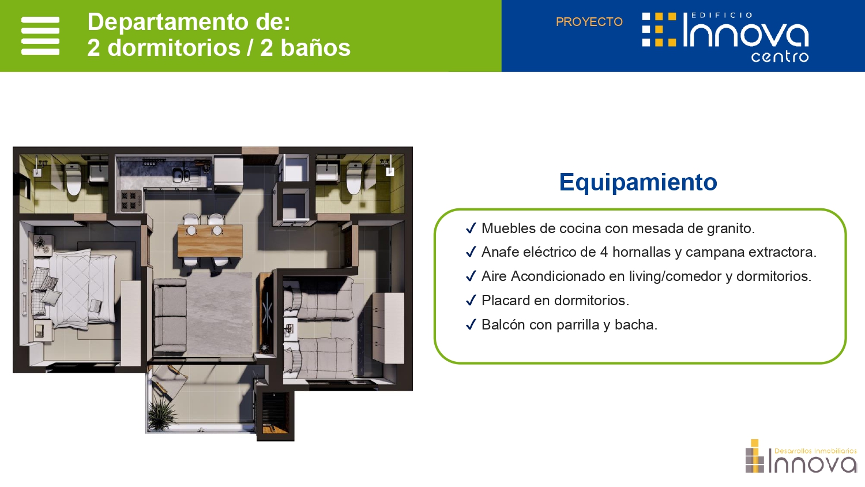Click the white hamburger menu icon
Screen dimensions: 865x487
[x=40, y=36]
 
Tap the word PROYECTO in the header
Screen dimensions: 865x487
[x=589, y=22]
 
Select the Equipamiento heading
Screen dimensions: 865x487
[x=638, y=182]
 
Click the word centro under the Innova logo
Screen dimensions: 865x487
[x=780, y=57]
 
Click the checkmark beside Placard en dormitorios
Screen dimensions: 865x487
[x=471, y=300]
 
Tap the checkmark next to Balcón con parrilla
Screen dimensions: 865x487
[x=471, y=324]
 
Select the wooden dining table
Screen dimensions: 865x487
[x=210, y=241]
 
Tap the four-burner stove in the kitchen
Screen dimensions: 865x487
[x=129, y=200]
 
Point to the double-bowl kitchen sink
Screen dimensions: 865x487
[x=180, y=175]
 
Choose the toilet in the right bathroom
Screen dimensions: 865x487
[x=353, y=178]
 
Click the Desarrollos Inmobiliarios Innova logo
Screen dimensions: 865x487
[x=801, y=456]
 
